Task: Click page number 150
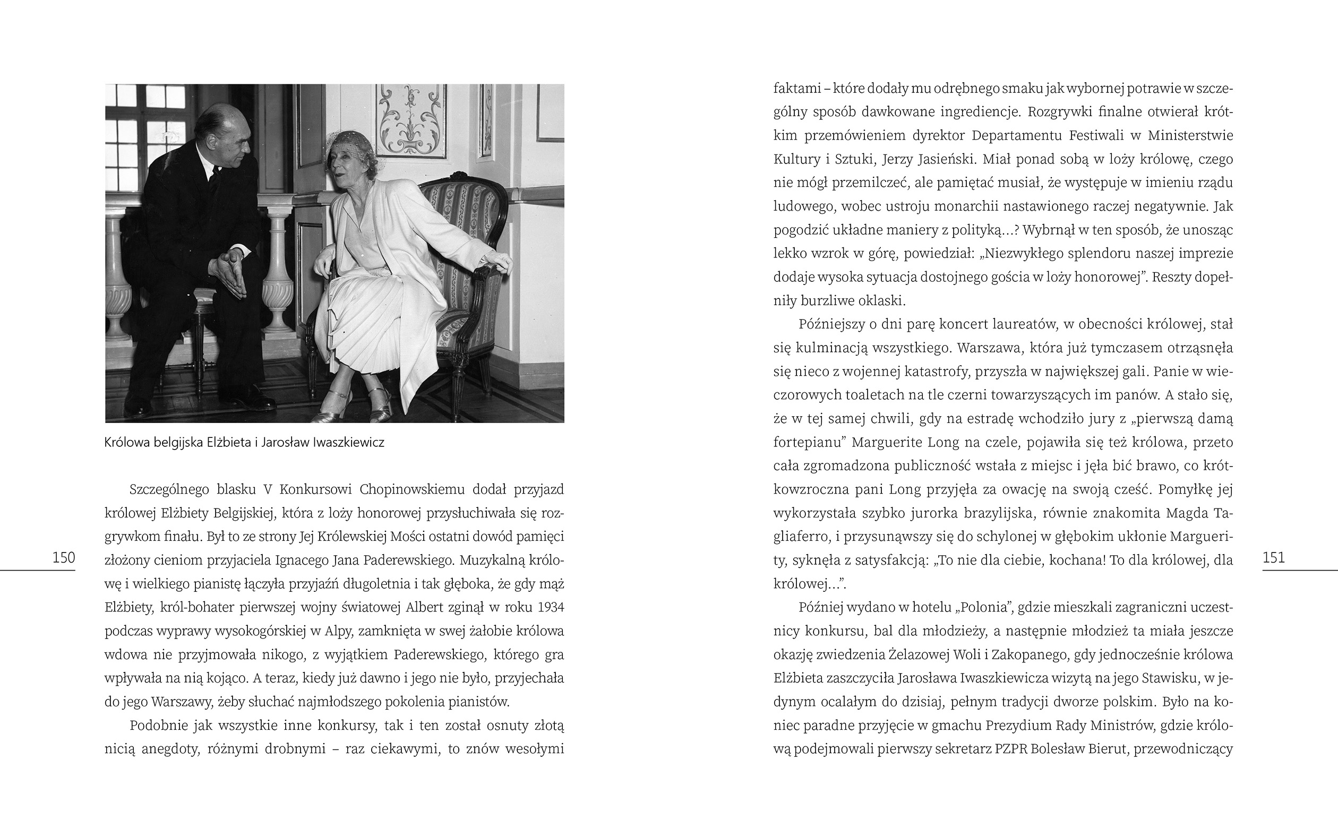point(64,558)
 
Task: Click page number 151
point(1274,558)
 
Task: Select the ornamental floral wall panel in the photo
point(409,119)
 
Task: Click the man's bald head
point(213,119)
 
